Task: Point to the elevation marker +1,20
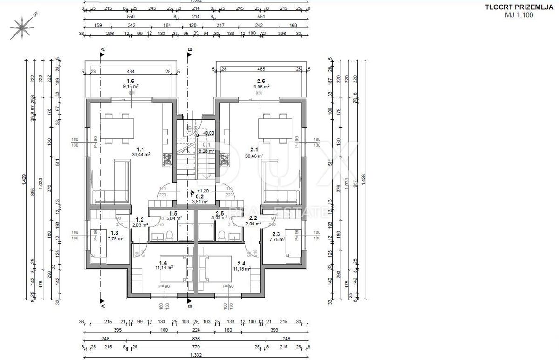click(203, 191)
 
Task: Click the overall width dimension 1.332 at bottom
click(195, 356)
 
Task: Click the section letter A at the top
click(103, 48)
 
